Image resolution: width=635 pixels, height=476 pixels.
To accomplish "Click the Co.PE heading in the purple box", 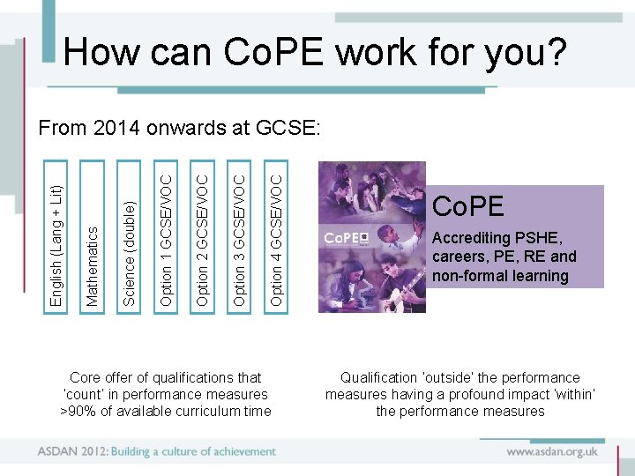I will (x=467, y=207).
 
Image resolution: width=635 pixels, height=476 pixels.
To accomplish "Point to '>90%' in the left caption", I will (x=78, y=412).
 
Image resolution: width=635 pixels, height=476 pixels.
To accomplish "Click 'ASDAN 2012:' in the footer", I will (x=71, y=451).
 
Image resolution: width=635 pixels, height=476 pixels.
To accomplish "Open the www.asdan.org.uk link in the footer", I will (x=551, y=451).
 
